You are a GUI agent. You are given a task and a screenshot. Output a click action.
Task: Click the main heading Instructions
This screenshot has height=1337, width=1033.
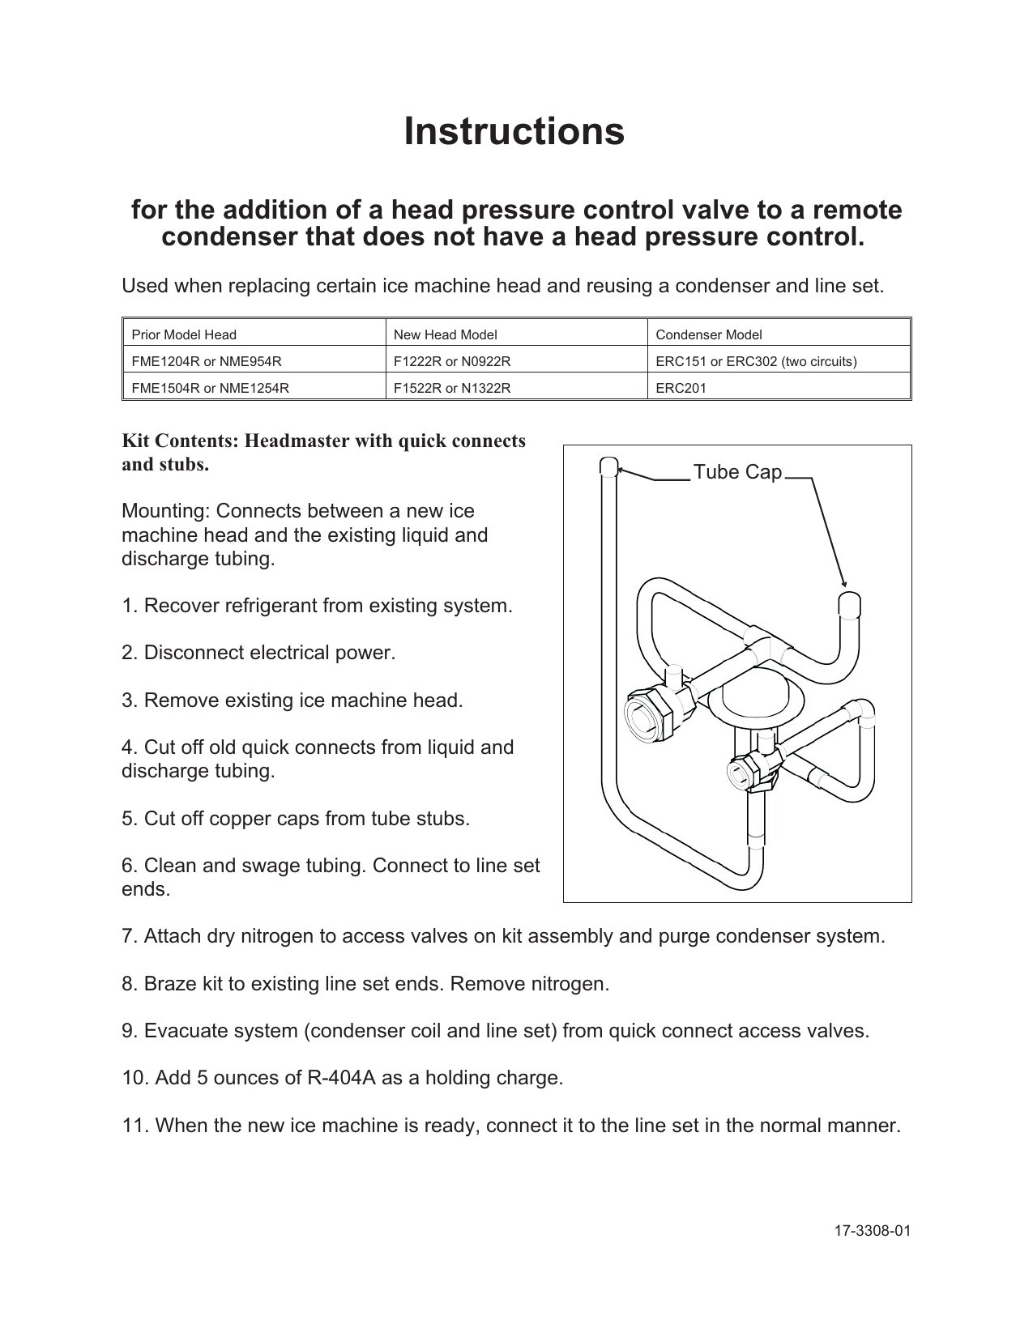pos(514,131)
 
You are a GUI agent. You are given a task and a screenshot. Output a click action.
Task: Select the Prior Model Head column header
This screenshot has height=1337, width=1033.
pos(184,334)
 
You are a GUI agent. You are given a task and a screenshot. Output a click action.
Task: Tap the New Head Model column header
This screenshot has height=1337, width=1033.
pos(445,334)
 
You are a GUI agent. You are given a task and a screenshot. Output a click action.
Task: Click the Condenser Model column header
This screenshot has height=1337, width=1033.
pos(708,334)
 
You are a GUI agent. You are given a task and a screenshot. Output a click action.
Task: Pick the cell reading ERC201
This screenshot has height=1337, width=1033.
pos(681,388)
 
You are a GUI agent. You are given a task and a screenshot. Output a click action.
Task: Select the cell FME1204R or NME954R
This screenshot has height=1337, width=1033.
pos(207,361)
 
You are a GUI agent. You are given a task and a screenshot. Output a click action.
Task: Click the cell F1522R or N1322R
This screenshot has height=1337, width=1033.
pos(452,388)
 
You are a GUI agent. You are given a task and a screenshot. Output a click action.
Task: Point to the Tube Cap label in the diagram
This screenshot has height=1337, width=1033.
pos(737,472)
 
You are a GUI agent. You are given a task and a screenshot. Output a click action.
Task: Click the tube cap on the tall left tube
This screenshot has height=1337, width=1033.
pos(608,467)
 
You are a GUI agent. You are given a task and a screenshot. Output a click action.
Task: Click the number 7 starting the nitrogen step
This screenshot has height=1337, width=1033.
pos(128,937)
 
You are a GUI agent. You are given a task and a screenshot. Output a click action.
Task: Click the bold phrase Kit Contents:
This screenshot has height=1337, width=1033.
pos(180,441)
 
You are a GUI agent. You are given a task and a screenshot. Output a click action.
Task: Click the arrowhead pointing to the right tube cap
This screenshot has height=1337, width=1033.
pos(843,582)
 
